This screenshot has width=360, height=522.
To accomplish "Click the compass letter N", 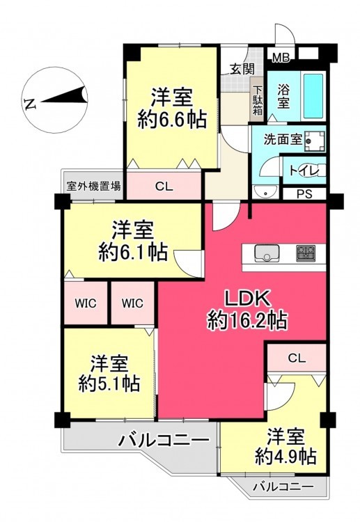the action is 30,104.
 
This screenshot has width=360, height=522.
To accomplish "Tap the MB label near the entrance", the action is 281,58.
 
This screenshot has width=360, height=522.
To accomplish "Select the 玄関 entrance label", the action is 242,69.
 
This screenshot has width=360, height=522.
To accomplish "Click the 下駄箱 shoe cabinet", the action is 258,100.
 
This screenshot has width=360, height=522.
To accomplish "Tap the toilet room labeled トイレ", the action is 304,171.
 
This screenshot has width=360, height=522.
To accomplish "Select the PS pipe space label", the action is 304,194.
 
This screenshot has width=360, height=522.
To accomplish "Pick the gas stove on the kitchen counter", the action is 306,253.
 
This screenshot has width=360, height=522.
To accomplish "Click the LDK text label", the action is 246,299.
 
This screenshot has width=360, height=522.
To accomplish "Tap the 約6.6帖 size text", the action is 172,120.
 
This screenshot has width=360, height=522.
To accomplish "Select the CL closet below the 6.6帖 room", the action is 164,186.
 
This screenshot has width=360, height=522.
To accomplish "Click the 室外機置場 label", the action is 93,186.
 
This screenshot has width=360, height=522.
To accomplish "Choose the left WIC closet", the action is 86,303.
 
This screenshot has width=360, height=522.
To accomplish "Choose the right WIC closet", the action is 132,303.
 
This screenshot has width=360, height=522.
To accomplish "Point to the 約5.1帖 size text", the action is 109,383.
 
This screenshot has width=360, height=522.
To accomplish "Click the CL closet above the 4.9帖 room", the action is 297,358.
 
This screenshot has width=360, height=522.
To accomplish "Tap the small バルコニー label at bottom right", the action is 283,487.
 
